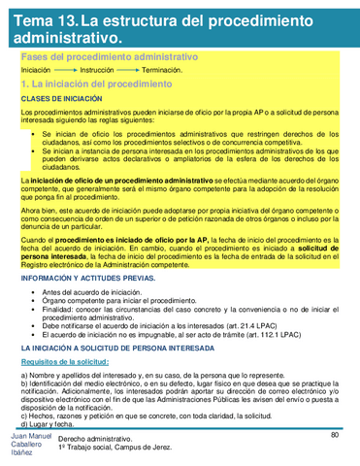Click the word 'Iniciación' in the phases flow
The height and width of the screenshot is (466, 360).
click(36, 72)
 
